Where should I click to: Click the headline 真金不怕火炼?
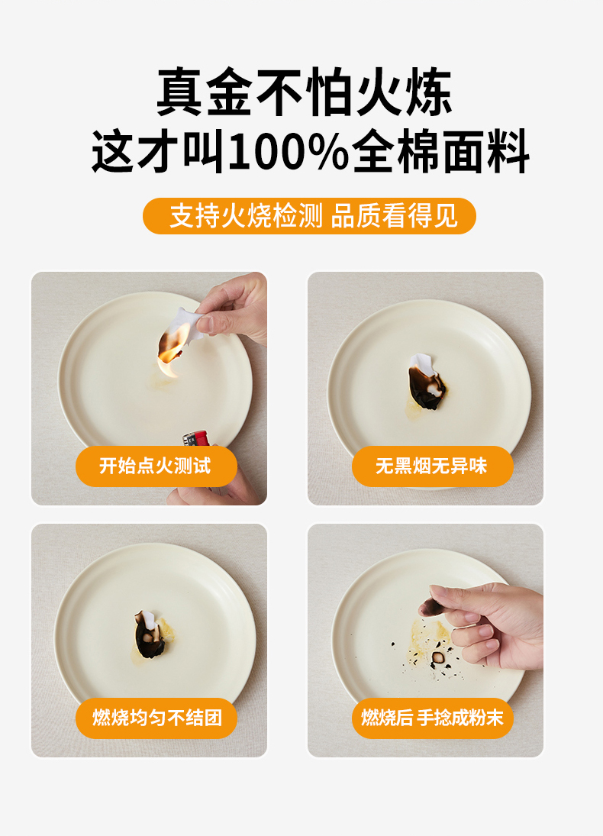[x=305, y=92]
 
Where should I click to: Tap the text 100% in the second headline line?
[x=289, y=152]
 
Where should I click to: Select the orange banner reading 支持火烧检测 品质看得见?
[x=309, y=216]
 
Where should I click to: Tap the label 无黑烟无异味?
[x=432, y=466]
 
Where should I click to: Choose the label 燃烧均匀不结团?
[x=156, y=718]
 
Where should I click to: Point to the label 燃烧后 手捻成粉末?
[x=432, y=718]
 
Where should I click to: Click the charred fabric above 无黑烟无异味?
[x=427, y=382]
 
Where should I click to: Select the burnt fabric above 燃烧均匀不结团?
[x=150, y=634]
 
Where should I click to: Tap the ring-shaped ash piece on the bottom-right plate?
[x=438, y=657]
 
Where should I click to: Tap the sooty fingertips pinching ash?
[x=433, y=607]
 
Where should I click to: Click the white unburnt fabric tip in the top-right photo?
[x=422, y=363]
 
